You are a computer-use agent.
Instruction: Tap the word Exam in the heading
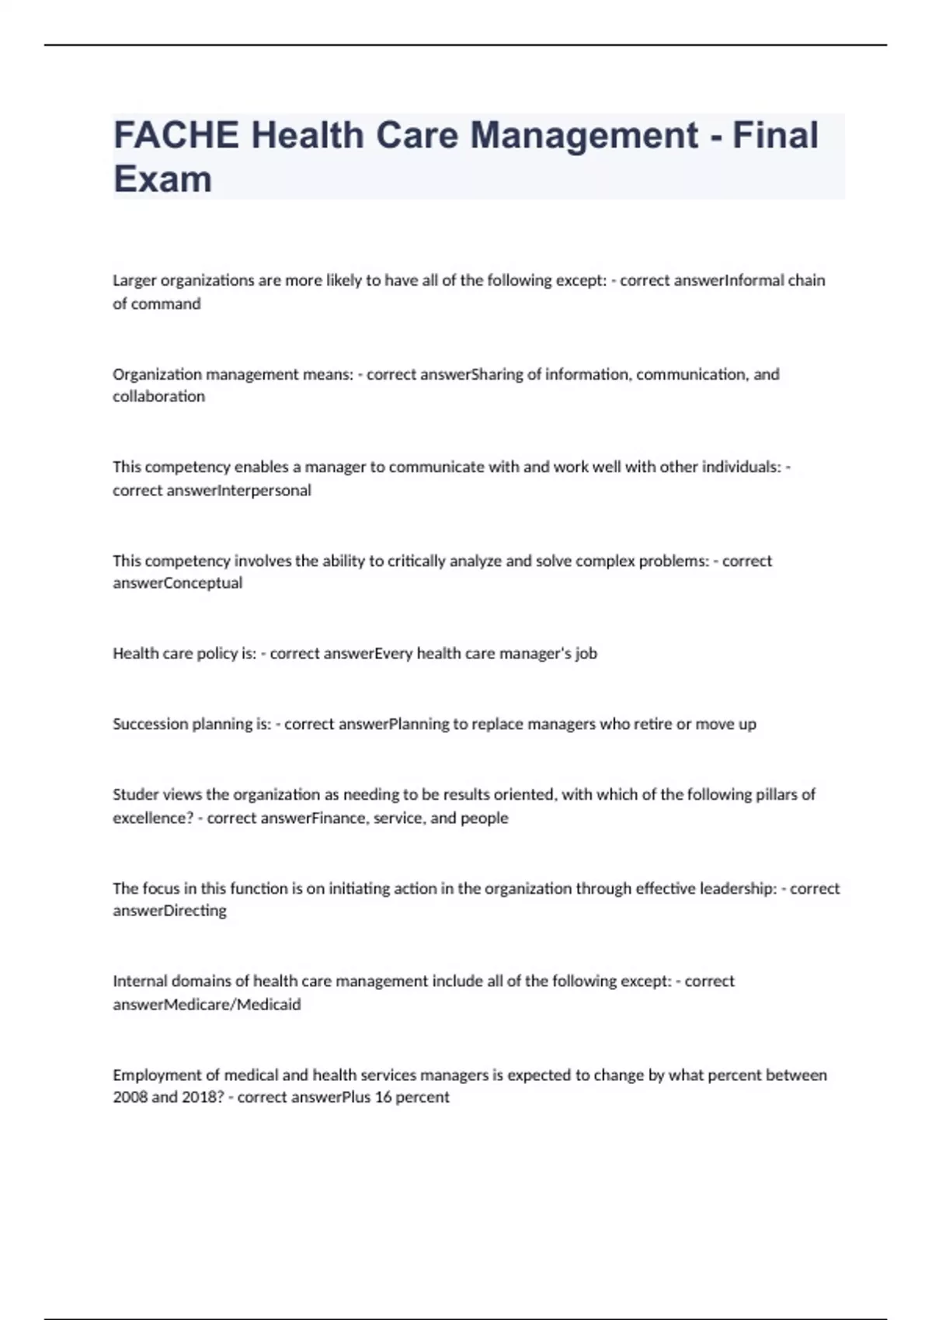pyautogui.click(x=162, y=179)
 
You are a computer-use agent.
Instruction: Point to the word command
pyautogui.click(x=165, y=304)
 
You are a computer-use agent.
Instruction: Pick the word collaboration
pyautogui.click(x=158, y=397)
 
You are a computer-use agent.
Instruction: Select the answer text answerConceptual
pyautogui.click(x=178, y=583)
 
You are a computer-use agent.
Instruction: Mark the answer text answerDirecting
pyautogui.click(x=169, y=911)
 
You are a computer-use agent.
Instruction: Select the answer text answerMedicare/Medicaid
pyautogui.click(x=207, y=1005)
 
